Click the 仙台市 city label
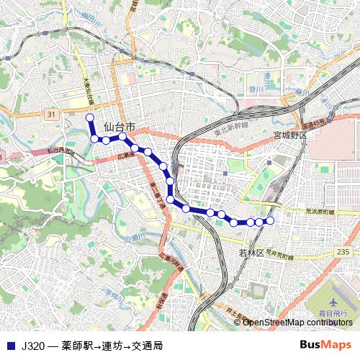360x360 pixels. click(x=120, y=126)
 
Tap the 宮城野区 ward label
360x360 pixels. click(x=290, y=135)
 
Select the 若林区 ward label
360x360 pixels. click(x=252, y=253)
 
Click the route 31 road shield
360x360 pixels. click(x=50, y=114)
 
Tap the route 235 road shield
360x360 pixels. click(x=342, y=251)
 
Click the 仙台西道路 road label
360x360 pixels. click(x=61, y=151)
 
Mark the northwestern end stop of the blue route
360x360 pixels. click(x=90, y=117)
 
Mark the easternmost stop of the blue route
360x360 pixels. click(x=271, y=220)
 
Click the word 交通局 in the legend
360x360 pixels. click(x=147, y=346)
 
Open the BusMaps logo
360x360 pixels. click(x=325, y=346)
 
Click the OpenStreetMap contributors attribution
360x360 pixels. click(x=297, y=322)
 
